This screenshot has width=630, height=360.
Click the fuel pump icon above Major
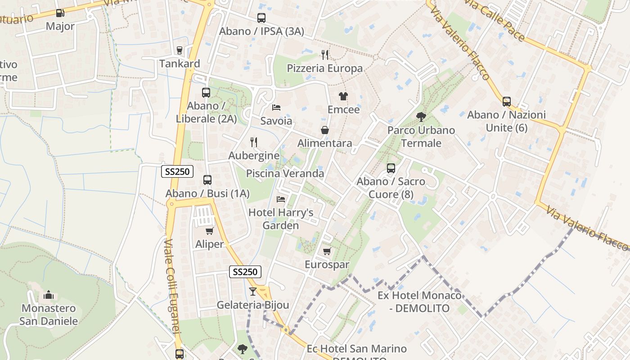point(60,13)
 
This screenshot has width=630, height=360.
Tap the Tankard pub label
point(180,63)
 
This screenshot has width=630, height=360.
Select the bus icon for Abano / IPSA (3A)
point(261,18)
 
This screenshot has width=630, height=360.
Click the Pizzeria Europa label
point(324,68)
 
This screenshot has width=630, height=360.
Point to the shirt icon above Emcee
point(343,96)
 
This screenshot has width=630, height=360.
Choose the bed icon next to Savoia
point(276,108)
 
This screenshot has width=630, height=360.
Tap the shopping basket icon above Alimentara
point(324,130)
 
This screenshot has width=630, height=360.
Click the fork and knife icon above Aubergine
point(254,142)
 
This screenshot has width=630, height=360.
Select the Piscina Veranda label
point(285,173)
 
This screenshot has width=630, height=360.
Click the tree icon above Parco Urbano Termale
point(421,117)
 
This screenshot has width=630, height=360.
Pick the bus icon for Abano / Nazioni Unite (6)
point(507,102)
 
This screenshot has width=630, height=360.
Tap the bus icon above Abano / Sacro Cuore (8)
point(391,168)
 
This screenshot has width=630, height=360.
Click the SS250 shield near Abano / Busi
point(177,171)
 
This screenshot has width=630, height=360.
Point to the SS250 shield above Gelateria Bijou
point(245,272)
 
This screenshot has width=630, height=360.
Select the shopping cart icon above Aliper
point(209,231)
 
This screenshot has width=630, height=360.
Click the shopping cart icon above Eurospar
point(327,251)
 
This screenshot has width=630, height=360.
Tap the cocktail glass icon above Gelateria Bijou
point(252,292)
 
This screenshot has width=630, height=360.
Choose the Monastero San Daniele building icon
point(49,295)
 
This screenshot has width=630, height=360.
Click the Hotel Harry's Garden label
point(281,219)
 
